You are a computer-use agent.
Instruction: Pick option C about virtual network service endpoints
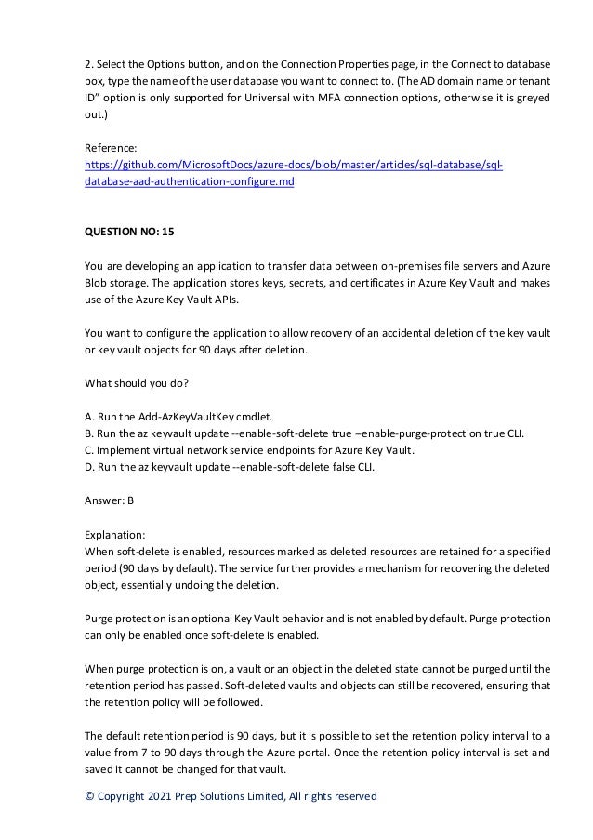click(249, 450)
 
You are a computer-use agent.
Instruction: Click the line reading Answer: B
click(110, 500)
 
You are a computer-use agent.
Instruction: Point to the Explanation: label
click(115, 535)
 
